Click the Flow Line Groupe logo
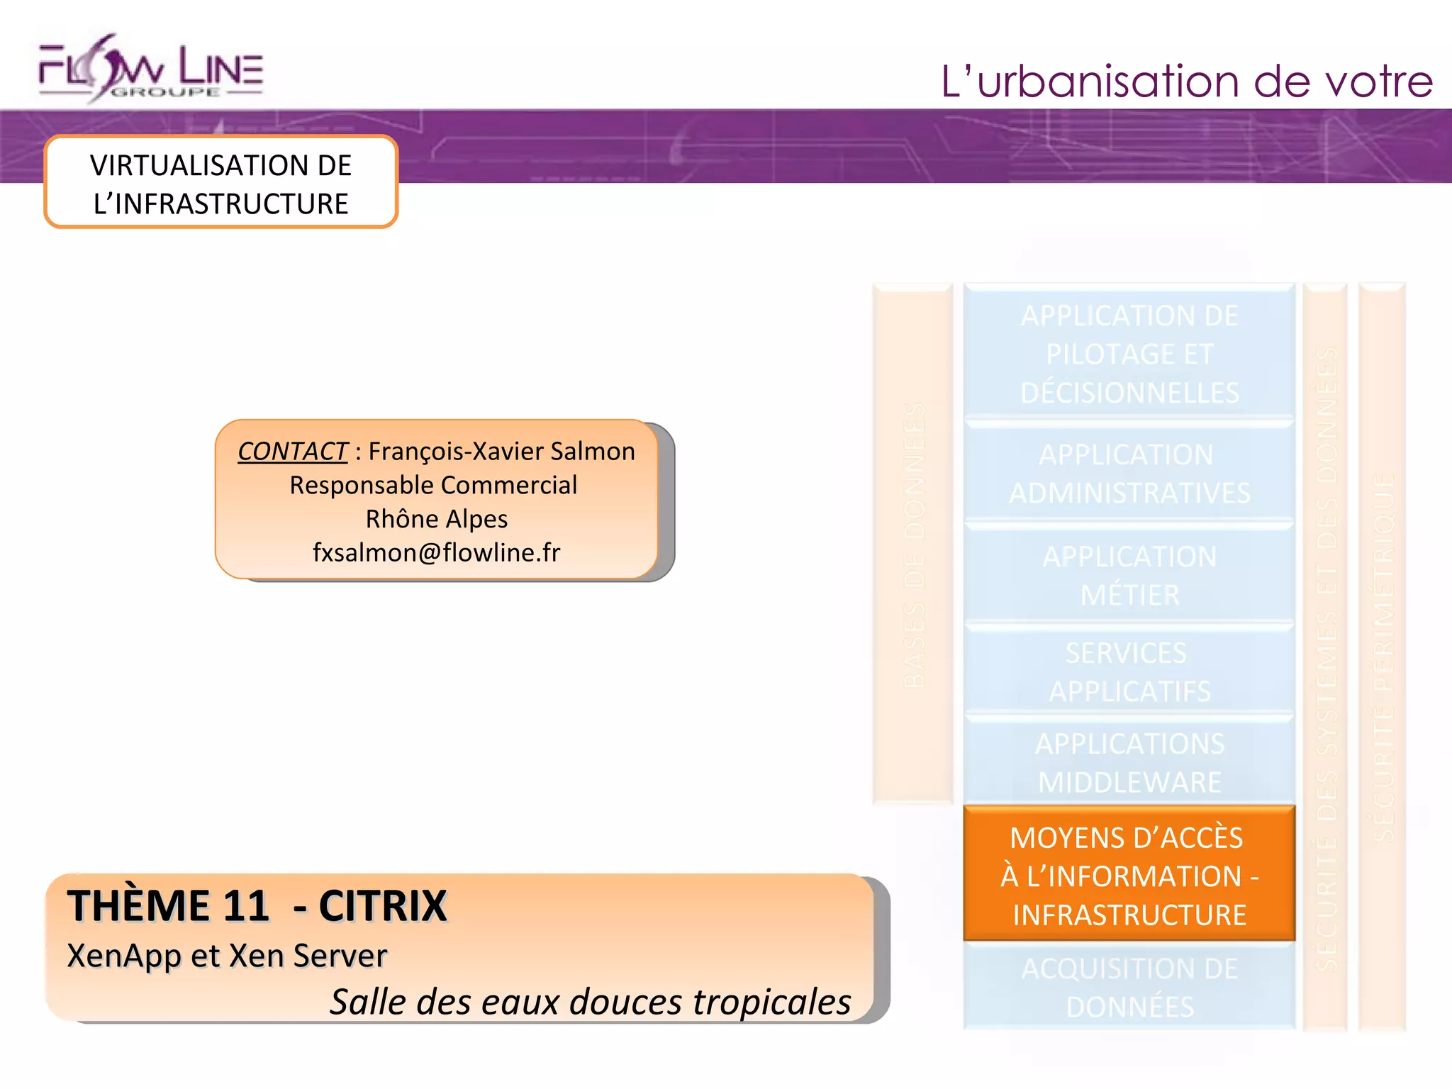151,69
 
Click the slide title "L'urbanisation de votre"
1186,82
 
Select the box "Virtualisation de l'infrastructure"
220,184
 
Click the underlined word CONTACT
292,452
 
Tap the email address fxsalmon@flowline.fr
436,552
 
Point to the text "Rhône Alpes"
436,519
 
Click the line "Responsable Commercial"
433,485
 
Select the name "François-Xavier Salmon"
501,452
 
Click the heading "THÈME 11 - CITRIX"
257,905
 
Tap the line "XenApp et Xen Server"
227,956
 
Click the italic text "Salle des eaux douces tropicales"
590,1002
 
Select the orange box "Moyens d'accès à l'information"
1129,875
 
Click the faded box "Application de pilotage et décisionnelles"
1129,353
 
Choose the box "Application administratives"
1129,474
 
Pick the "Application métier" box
1129,575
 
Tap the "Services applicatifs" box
1129,671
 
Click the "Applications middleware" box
1129,763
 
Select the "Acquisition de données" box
1129,987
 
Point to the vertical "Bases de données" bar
913,544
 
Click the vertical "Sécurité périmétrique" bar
1383,656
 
